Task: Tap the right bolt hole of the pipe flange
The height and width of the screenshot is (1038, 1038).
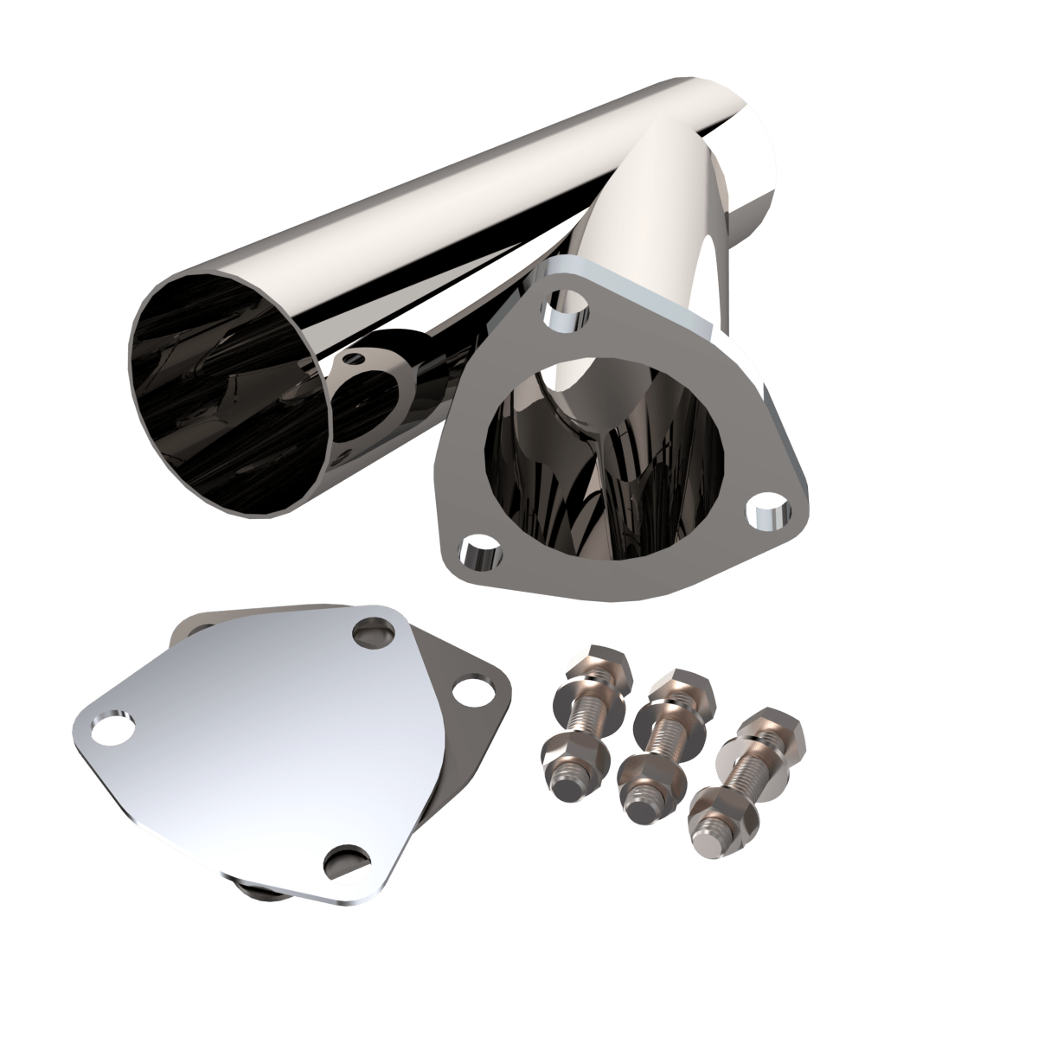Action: pos(766,512)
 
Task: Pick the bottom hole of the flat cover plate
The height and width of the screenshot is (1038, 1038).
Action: pos(344,861)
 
